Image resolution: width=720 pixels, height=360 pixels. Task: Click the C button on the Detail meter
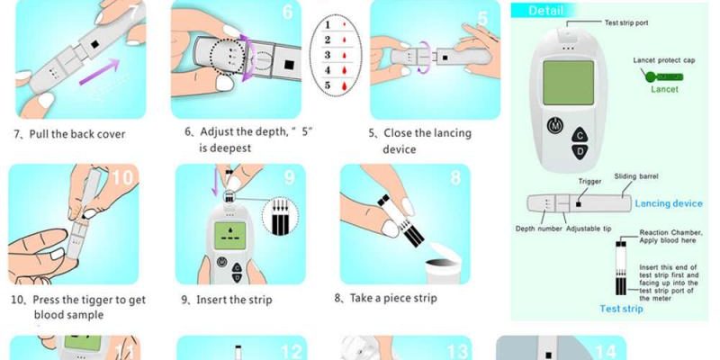click(x=580, y=135)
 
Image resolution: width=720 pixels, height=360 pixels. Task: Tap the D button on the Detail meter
click(x=580, y=151)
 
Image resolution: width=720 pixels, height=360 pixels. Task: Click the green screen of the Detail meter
click(x=568, y=83)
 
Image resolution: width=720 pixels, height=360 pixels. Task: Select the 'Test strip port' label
click(x=626, y=22)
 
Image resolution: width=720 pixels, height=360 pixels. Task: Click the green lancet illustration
click(x=664, y=76)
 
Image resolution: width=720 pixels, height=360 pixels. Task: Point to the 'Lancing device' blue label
click(x=669, y=203)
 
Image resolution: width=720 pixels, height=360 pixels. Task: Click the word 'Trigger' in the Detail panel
click(x=589, y=182)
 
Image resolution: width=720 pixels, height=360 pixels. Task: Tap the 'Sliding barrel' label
click(x=636, y=176)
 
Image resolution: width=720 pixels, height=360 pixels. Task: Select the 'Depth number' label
click(x=538, y=229)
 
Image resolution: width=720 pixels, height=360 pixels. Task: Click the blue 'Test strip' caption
click(x=621, y=309)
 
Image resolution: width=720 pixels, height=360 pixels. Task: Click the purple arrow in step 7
click(x=99, y=72)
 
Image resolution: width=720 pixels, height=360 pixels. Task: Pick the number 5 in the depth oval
click(x=328, y=85)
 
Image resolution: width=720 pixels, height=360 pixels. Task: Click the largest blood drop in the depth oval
click(x=344, y=85)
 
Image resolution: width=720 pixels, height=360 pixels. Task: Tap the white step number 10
click(x=122, y=177)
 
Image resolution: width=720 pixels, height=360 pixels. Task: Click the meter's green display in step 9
click(x=230, y=236)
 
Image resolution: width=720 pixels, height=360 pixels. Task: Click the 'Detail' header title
click(x=545, y=11)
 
